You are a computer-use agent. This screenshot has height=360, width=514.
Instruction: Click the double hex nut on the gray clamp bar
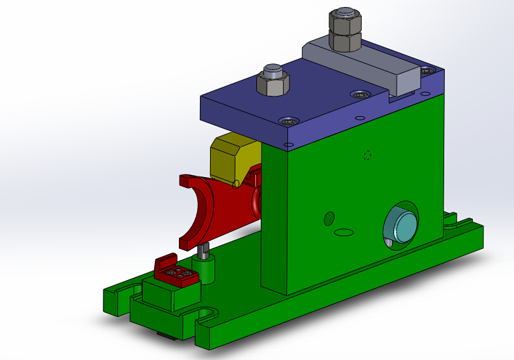(x=345, y=33)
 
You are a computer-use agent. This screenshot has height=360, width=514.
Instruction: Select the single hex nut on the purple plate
(x=273, y=82)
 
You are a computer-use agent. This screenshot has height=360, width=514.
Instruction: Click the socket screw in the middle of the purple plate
(x=361, y=95)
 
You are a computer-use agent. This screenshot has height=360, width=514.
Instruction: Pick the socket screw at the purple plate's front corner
(x=291, y=121)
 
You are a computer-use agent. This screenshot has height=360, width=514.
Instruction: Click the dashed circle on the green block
(x=366, y=155)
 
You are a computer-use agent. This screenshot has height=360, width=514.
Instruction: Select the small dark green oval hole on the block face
(x=329, y=218)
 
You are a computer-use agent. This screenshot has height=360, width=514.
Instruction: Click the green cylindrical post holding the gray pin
(x=206, y=268)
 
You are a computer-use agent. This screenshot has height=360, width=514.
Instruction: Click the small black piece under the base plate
(x=167, y=335)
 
